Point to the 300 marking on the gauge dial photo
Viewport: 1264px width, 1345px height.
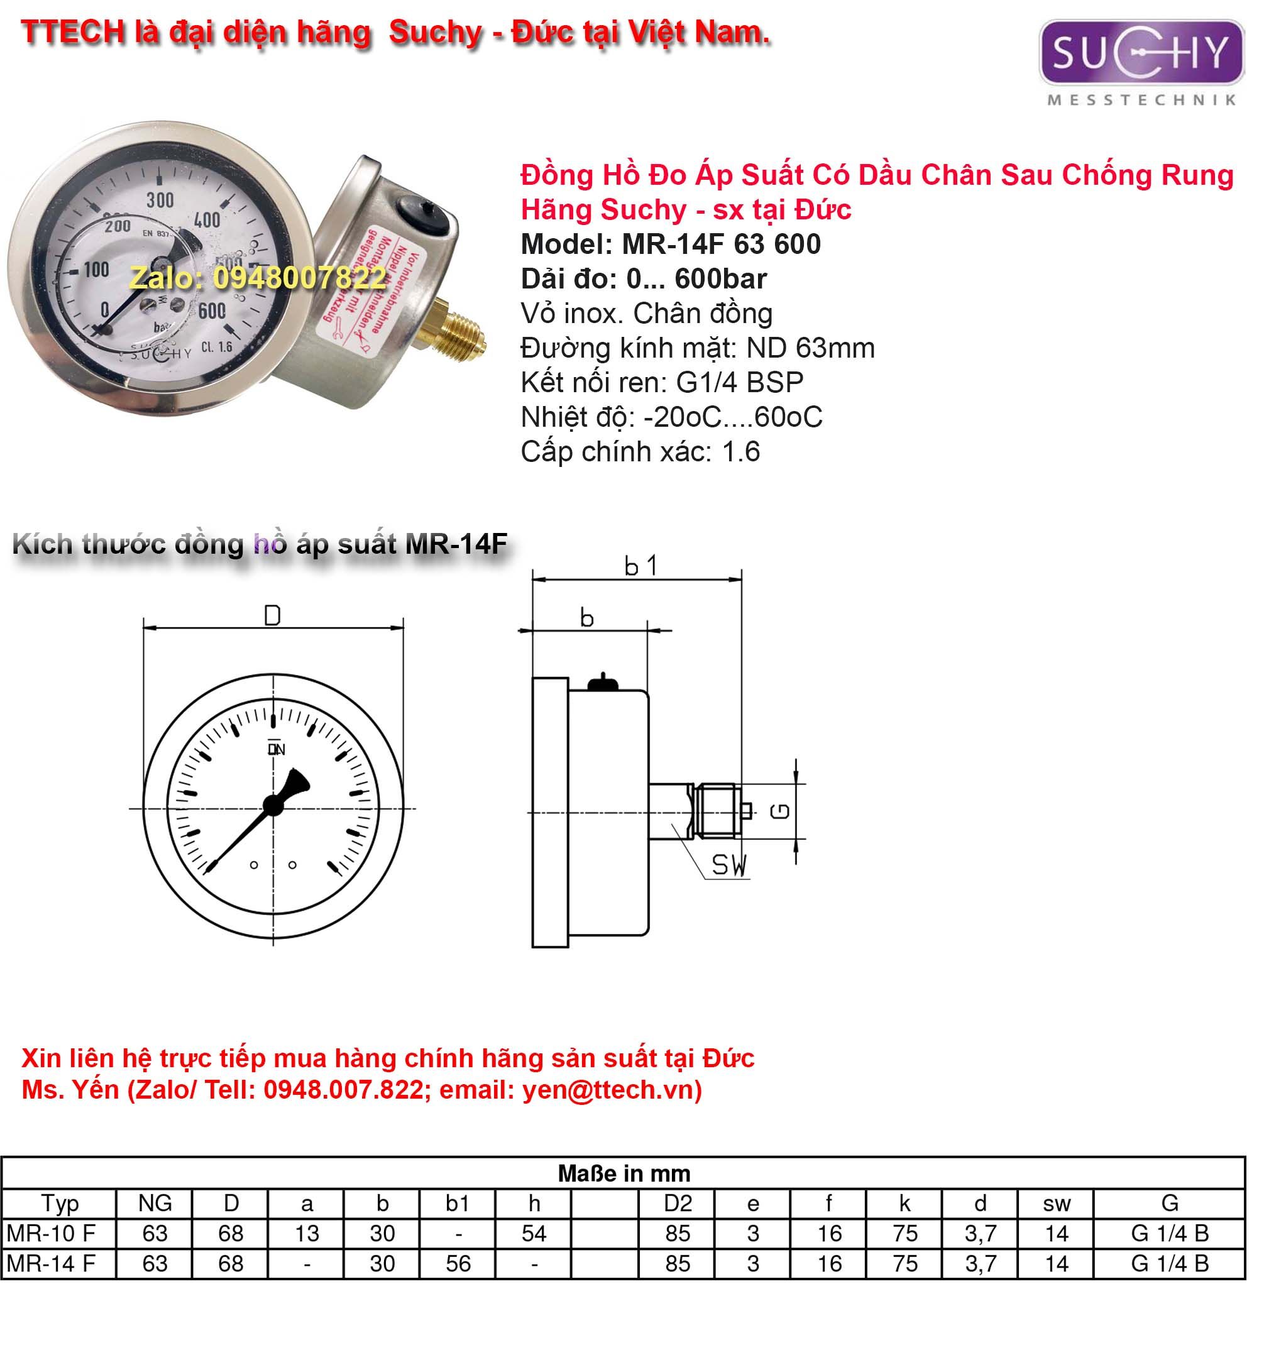[x=160, y=200]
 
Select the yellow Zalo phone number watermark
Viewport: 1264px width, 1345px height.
[x=258, y=278]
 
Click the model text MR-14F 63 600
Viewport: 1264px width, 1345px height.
[x=671, y=244]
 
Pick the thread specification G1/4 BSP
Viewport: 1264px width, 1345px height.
[x=740, y=383]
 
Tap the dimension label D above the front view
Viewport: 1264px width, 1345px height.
[x=272, y=616]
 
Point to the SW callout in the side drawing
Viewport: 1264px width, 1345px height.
[x=728, y=865]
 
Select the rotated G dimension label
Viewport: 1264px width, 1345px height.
[x=781, y=811]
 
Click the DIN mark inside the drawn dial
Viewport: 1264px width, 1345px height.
[x=276, y=749]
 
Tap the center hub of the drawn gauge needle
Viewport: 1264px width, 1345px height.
[x=273, y=805]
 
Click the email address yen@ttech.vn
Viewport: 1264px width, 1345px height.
[x=608, y=1090]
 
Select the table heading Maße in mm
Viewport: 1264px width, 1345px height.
[x=624, y=1173]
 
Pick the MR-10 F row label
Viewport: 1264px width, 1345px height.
[x=51, y=1233]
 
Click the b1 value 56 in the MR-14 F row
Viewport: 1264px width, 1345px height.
[x=458, y=1264]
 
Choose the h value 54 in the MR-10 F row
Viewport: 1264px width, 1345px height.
[x=534, y=1233]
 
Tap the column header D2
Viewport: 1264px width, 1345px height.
[x=678, y=1204]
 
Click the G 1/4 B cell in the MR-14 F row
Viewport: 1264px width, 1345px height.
[x=1169, y=1264]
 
